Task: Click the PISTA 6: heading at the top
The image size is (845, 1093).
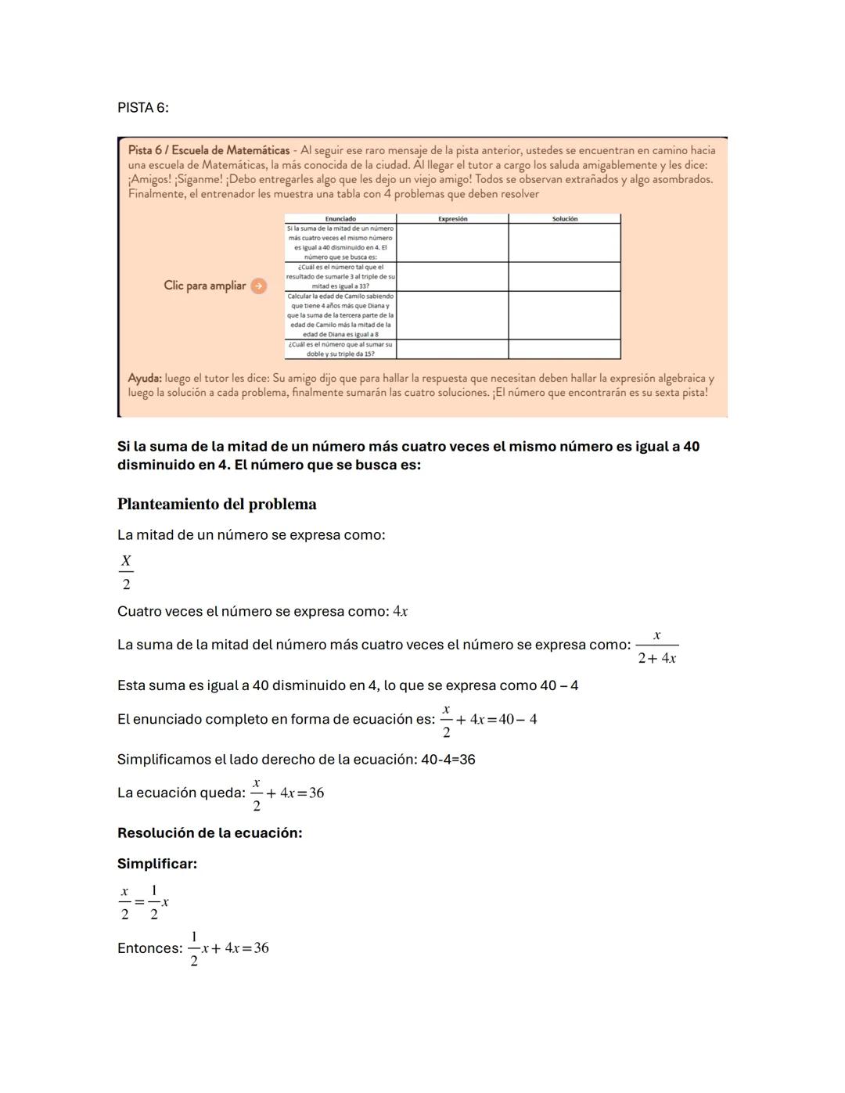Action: tap(142, 108)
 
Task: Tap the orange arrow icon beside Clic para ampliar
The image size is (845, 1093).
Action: tap(258, 286)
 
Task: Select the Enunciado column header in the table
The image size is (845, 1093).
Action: tap(340, 219)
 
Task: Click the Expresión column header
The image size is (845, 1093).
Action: tap(452, 219)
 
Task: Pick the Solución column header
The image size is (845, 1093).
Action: tap(564, 219)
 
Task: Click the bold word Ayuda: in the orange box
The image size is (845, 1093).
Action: tap(145, 379)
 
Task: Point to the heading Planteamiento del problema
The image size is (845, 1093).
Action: tap(217, 505)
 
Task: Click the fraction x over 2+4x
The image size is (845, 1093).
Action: tap(656, 647)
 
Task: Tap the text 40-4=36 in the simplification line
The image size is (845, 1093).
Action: tap(448, 760)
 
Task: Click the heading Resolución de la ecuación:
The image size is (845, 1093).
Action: tap(210, 833)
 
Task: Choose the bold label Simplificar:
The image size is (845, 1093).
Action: tap(157, 865)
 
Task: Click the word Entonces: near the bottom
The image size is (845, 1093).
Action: tap(149, 948)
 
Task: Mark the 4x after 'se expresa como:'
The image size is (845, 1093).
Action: tap(400, 612)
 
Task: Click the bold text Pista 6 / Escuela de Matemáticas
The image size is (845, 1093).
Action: tap(208, 150)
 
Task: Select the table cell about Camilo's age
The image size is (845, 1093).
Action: tap(340, 315)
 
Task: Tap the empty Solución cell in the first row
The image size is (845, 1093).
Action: tap(564, 243)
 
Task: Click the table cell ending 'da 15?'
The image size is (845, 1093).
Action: tap(340, 349)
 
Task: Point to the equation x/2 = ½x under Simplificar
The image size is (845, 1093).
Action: tap(143, 903)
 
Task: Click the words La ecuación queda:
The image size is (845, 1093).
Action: tap(181, 793)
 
